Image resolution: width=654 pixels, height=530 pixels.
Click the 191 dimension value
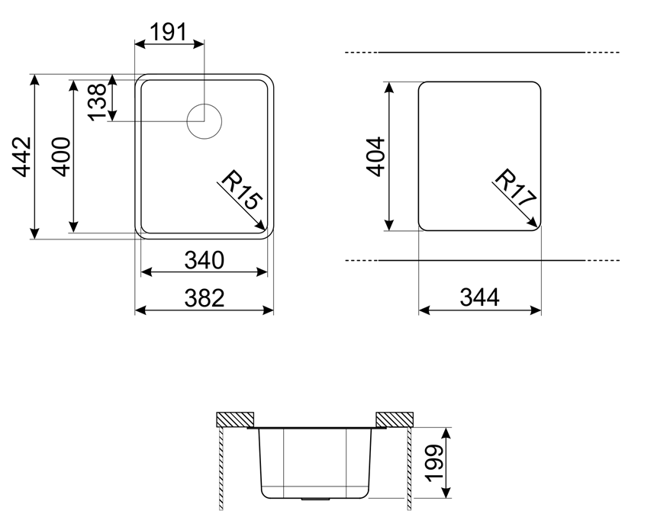click(168, 32)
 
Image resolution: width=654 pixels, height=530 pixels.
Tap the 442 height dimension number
click(21, 156)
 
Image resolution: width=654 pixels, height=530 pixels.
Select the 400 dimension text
click(61, 156)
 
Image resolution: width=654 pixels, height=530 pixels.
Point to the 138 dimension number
click(98, 101)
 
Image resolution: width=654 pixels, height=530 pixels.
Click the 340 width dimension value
click(205, 260)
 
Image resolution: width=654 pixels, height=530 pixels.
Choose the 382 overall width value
click(205, 298)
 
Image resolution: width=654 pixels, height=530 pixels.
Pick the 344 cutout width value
click(480, 297)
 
